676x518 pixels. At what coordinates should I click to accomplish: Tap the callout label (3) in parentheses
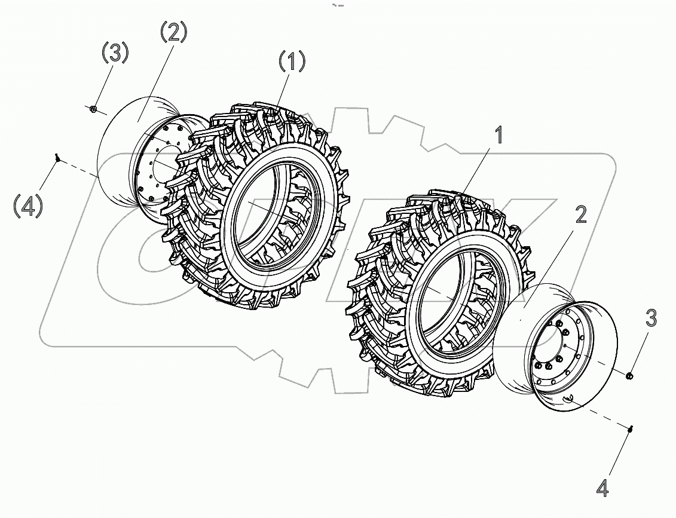click(114, 53)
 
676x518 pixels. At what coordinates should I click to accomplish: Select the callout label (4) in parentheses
click(28, 206)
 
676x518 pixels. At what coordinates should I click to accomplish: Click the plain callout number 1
click(497, 136)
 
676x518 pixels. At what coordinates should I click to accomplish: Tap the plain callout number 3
click(650, 318)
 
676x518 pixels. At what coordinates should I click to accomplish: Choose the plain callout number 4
click(603, 488)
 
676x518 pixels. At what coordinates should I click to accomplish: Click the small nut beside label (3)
click(93, 109)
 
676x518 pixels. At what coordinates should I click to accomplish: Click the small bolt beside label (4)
click(57, 158)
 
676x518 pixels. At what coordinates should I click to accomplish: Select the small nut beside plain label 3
click(629, 375)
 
